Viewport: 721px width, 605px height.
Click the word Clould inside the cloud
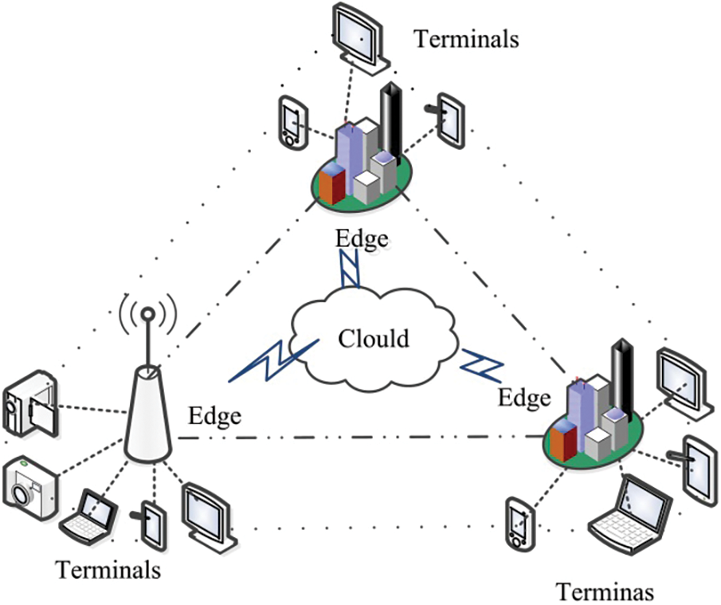tap(374, 338)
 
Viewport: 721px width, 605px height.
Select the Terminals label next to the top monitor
tap(466, 38)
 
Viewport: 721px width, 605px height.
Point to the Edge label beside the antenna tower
tap(215, 416)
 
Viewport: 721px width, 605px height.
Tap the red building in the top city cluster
tap(332, 183)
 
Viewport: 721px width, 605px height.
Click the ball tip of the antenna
tap(147, 315)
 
